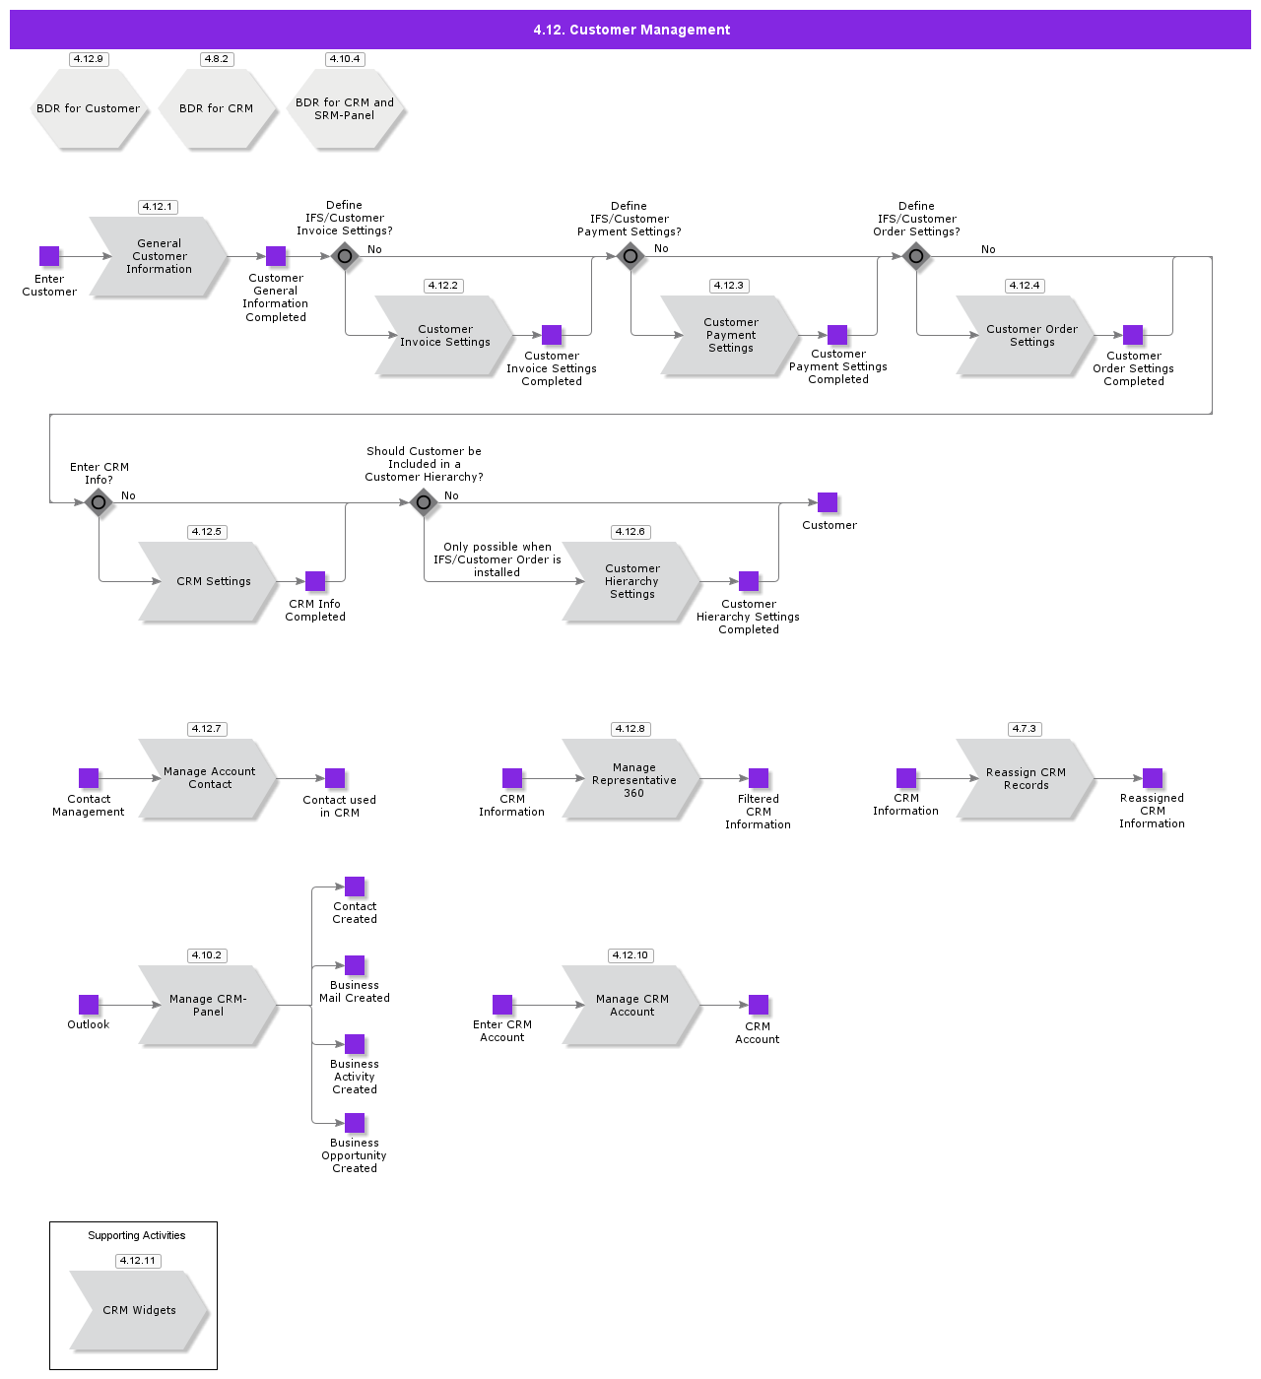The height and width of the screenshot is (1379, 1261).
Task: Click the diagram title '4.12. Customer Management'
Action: coord(631,30)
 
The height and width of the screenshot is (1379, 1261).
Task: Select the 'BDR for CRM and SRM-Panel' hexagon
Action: coord(345,108)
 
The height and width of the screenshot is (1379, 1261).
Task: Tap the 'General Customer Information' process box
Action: coord(159,256)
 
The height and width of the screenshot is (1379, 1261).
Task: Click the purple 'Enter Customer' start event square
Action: coord(49,256)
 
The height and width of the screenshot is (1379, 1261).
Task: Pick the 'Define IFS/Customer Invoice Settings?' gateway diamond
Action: coord(345,256)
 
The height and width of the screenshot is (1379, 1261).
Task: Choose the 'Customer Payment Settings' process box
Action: coord(730,335)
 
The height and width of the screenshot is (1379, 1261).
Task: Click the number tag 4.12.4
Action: coord(1025,286)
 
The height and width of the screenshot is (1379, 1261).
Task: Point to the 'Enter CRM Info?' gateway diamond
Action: coord(99,502)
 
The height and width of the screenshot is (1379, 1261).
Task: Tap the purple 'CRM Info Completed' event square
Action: coord(315,581)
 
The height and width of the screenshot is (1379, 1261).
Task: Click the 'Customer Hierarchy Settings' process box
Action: coord(631,581)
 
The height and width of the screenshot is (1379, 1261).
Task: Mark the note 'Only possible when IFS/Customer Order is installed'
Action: coord(498,559)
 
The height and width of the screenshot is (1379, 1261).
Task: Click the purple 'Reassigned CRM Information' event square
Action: coord(1153,779)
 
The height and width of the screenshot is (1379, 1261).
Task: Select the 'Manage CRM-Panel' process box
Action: coord(208,1005)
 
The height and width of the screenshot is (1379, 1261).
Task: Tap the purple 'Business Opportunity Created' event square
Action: coord(355,1123)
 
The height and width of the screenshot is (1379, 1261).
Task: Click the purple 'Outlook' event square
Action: coord(89,1005)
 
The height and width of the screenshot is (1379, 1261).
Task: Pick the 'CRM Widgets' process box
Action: coord(139,1310)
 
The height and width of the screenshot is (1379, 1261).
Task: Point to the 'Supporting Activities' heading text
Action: coord(137,1235)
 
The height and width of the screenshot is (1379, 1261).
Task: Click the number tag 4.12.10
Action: coord(630,955)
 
